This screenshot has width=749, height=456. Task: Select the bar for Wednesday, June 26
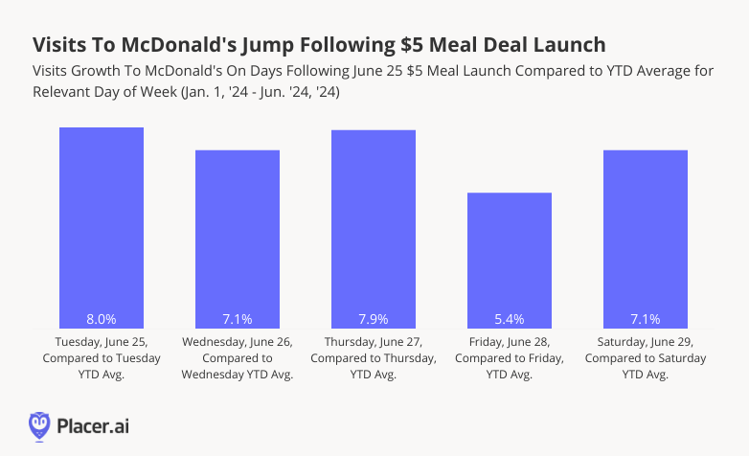click(238, 239)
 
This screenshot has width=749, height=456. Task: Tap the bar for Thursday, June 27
click(374, 230)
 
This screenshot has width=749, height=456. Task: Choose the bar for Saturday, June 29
click(646, 239)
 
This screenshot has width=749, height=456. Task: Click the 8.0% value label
click(102, 319)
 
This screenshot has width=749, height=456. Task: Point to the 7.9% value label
click(374, 319)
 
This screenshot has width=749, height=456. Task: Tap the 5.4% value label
click(510, 319)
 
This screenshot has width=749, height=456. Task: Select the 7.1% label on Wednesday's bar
click(238, 319)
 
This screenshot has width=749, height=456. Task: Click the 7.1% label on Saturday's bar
click(646, 319)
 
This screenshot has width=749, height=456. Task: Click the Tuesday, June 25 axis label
click(102, 357)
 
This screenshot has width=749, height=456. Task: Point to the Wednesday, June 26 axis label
click(238, 357)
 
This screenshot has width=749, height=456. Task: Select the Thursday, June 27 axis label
click(374, 357)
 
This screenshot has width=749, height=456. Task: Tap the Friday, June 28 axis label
click(510, 357)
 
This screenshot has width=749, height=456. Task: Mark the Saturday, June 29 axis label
click(646, 357)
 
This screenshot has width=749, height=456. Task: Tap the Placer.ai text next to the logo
click(95, 424)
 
